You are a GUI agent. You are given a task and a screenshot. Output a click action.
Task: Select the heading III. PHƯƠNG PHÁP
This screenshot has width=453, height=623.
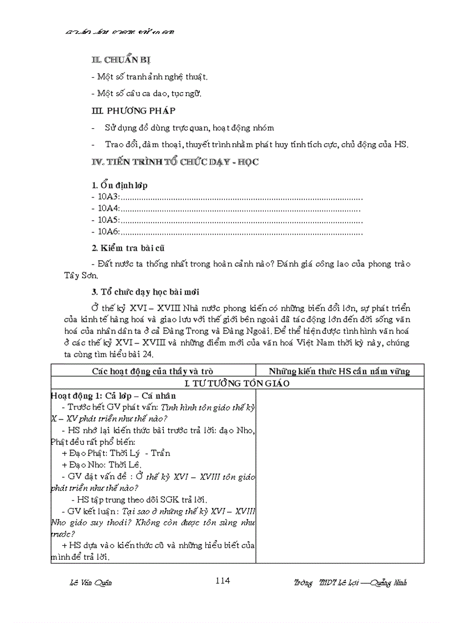pyautogui.click(x=133, y=110)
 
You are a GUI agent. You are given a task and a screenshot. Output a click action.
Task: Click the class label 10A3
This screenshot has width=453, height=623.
pyautogui.click(x=108, y=197)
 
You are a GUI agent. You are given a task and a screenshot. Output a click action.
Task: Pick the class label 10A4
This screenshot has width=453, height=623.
pyautogui.click(x=108, y=209)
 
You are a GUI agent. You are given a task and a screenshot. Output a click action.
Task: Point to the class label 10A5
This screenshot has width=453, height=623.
pyautogui.click(x=108, y=220)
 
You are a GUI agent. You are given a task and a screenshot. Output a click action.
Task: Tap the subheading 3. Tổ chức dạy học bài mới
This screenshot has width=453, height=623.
pyautogui.click(x=145, y=291)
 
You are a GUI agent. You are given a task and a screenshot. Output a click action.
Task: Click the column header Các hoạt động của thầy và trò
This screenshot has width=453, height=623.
pyautogui.click(x=153, y=371)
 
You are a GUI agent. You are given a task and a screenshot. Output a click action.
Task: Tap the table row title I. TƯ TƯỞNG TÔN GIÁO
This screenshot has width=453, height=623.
pyautogui.click(x=237, y=383)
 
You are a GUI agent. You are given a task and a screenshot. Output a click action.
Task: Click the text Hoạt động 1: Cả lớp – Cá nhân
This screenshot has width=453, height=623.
pyautogui.click(x=112, y=396)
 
